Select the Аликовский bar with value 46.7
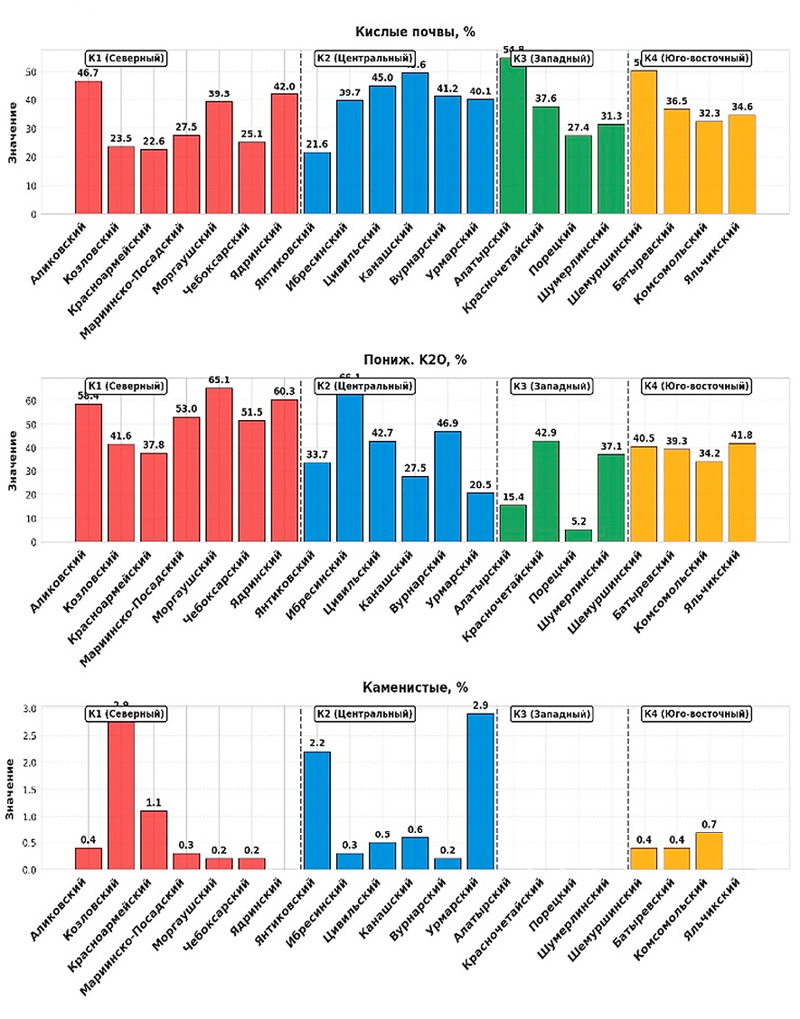[x=89, y=148]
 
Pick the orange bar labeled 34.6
[x=741, y=164]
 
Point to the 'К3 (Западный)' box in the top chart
[x=551, y=59]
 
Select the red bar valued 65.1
[x=219, y=464]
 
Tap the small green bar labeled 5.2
[x=578, y=536]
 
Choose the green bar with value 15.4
[x=513, y=523]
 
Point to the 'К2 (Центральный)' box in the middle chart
[x=364, y=387]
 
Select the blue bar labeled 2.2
[x=316, y=810]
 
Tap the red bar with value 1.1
[x=154, y=840]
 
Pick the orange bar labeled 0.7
[x=709, y=851]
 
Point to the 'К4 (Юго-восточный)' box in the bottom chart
[x=696, y=714]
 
